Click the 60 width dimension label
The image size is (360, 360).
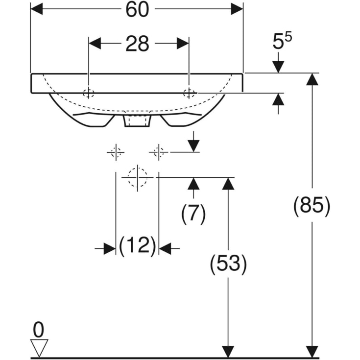coord(137,9)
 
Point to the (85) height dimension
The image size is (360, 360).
coord(312,205)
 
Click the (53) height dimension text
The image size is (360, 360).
coord(228,264)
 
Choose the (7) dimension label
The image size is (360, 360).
coord(193,214)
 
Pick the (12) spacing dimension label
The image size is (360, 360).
coord(137,245)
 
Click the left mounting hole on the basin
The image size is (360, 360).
coord(89,93)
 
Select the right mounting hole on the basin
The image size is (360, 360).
coord(189,93)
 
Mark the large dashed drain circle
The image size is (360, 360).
coord(138,177)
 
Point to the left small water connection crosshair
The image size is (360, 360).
coord(116,152)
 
